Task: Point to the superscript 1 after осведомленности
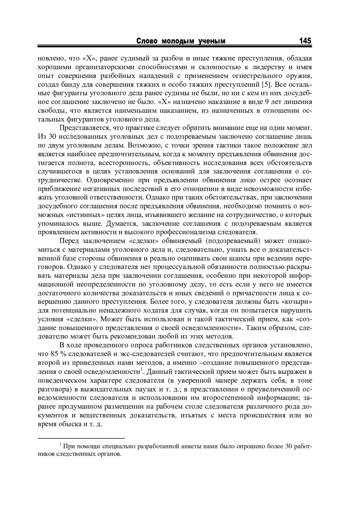point(142,369)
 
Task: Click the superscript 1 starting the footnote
point(60,444)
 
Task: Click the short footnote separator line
point(81,438)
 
